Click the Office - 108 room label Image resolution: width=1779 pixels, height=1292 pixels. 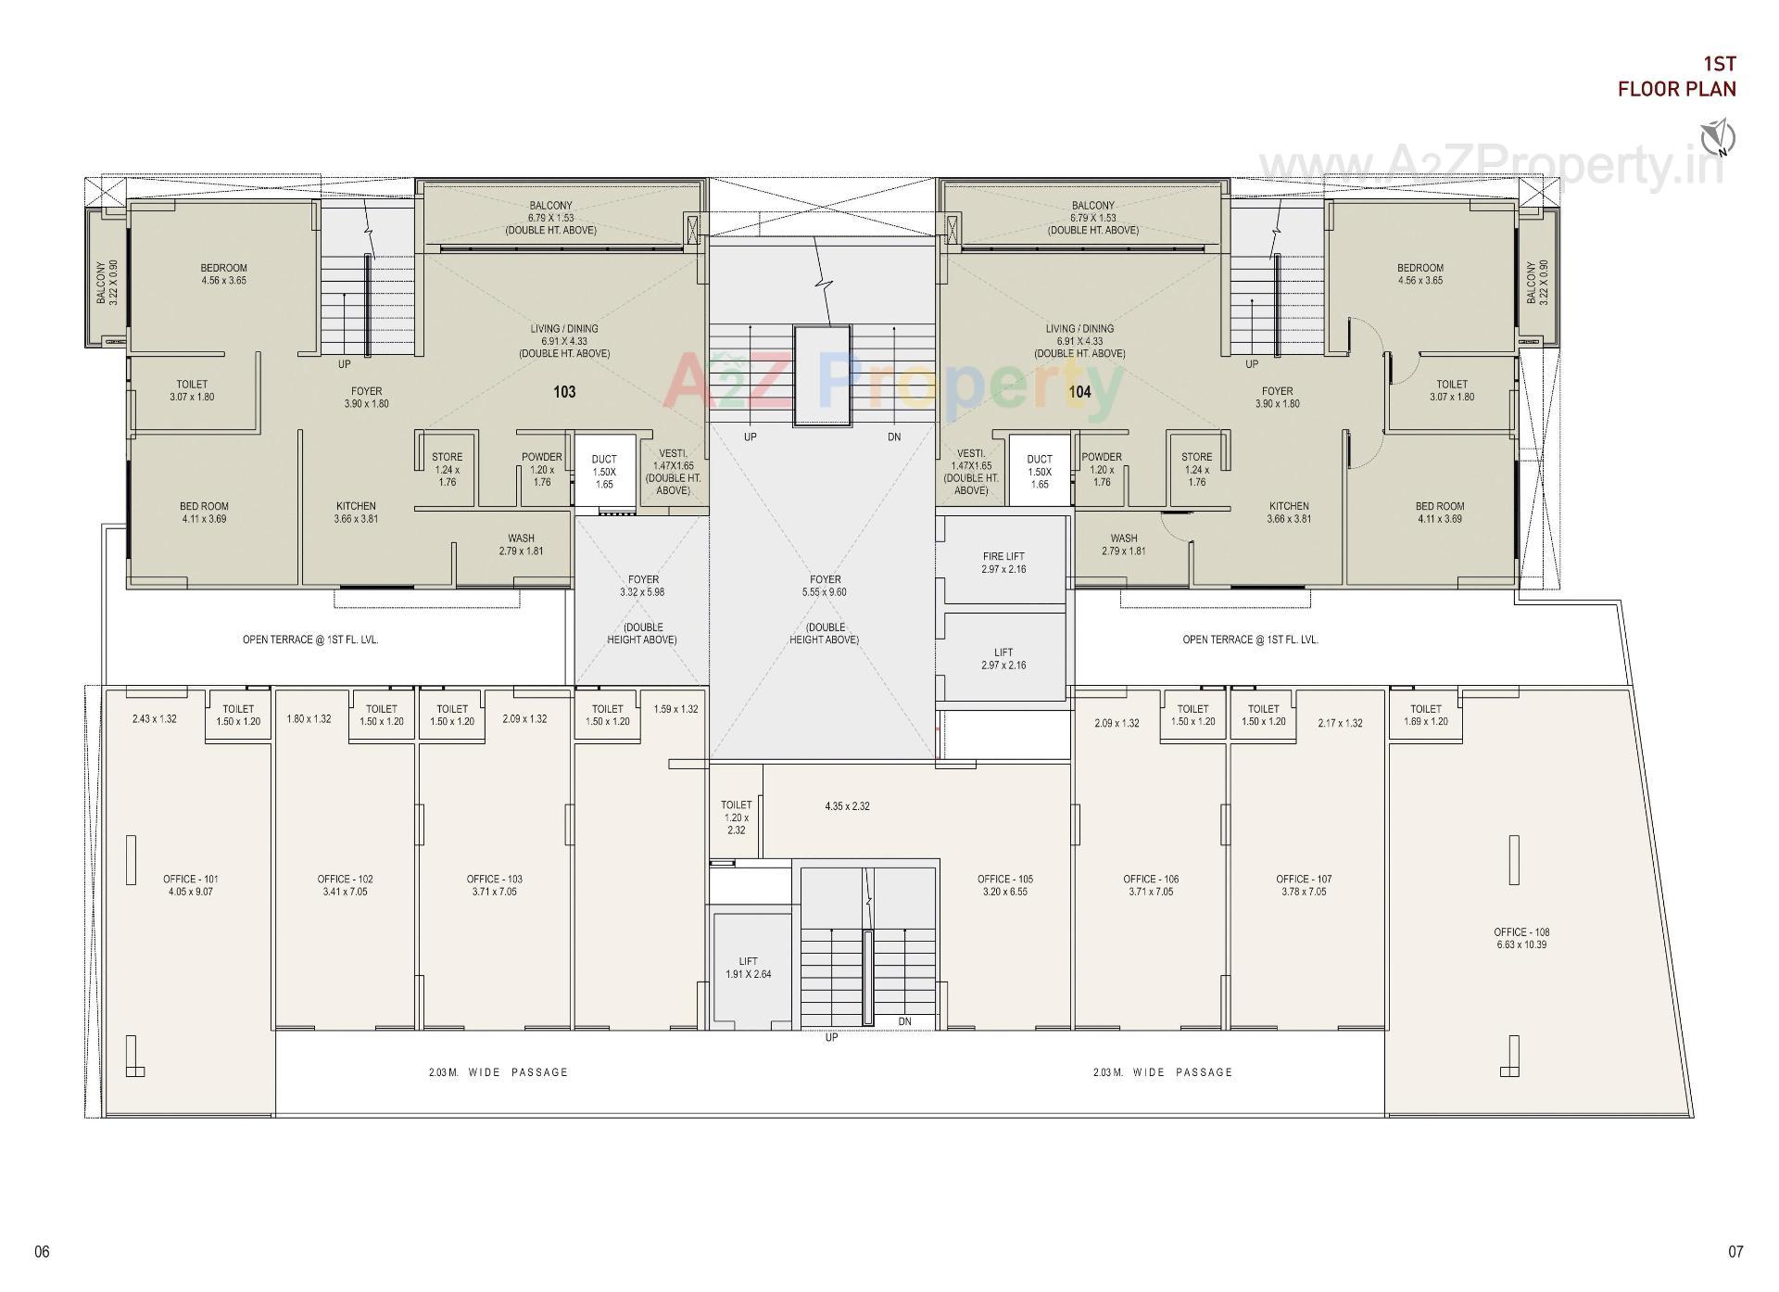pyautogui.click(x=1520, y=938)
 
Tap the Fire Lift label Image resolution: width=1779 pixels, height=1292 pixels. pyautogui.click(x=1003, y=563)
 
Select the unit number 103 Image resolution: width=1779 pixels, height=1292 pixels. pyautogui.click(x=564, y=392)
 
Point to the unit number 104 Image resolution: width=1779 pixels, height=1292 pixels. pyautogui.click(x=1079, y=392)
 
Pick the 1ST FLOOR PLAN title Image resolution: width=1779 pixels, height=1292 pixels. pyautogui.click(x=1676, y=76)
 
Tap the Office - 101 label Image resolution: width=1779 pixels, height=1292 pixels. pyautogui.click(x=190, y=885)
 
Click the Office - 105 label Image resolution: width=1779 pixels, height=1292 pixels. pyautogui.click(x=1004, y=885)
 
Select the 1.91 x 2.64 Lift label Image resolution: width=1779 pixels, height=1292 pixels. pyautogui.click(x=748, y=968)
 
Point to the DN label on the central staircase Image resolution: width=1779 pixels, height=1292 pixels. pyautogui.click(x=894, y=437)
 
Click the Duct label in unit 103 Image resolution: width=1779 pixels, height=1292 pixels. pyautogui.click(x=604, y=471)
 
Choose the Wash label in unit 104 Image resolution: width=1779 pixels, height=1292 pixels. pyautogui.click(x=1123, y=544)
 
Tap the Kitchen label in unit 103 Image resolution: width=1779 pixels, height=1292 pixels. pyautogui.click(x=356, y=513)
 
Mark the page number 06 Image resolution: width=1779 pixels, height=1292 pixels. pyautogui.click(x=42, y=1251)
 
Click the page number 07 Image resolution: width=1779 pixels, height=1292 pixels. pyautogui.click(x=1735, y=1251)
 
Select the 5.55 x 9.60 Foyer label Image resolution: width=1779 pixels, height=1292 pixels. pyautogui.click(x=825, y=586)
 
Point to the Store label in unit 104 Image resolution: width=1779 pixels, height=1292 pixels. pyautogui.click(x=1196, y=469)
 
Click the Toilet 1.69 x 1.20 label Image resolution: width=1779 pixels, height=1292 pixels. pyautogui.click(x=1425, y=715)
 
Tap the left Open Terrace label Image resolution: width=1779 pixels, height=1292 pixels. pyautogui.click(x=310, y=640)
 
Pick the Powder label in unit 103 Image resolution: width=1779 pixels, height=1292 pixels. pyautogui.click(x=541, y=469)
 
